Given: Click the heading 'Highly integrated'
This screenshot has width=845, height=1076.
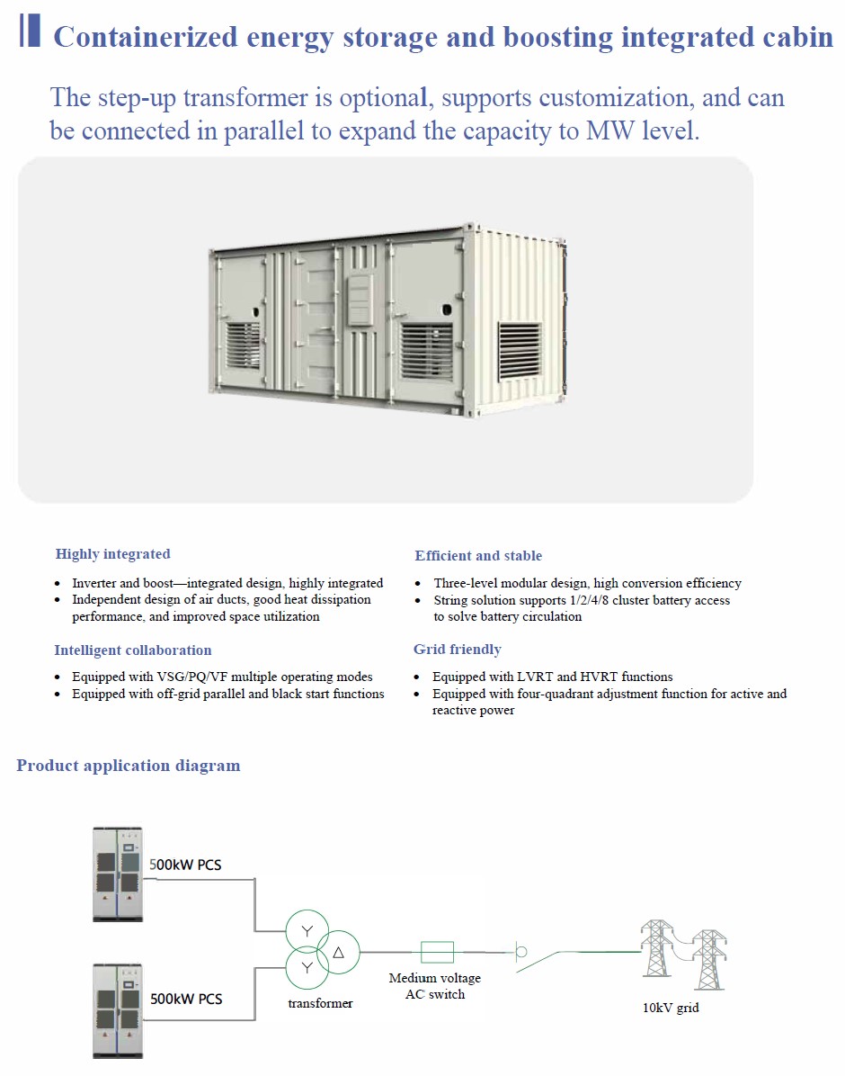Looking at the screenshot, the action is [113, 554].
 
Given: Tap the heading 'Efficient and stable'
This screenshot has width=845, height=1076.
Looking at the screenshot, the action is [478, 556].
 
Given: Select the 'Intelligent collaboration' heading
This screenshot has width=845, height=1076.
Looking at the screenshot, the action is [133, 650].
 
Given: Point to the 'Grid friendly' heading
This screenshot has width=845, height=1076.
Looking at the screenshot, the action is [458, 650].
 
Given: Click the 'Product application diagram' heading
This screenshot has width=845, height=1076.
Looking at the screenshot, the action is [129, 765].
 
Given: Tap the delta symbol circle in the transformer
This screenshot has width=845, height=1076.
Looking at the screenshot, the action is [338, 953].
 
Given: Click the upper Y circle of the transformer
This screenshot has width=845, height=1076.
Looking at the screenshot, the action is [307, 931].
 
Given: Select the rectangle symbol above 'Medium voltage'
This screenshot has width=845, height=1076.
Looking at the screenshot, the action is [437, 953].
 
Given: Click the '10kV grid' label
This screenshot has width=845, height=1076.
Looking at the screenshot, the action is [671, 1008].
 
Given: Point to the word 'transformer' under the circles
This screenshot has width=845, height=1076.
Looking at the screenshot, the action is [320, 1003].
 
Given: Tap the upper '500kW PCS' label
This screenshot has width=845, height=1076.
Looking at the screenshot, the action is [185, 865].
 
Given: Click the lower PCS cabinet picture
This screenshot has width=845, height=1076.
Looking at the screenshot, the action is [118, 1010].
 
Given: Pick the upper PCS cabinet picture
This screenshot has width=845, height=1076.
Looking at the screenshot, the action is [118, 874].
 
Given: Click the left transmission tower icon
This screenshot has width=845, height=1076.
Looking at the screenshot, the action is [656, 947].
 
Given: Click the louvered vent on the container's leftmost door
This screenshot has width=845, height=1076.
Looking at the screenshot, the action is [244, 345].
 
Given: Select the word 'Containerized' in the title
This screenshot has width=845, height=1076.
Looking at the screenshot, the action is [146, 37].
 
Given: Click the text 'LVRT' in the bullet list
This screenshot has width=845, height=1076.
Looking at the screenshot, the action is [535, 677].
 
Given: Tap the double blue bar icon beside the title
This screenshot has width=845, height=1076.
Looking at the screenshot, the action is [30, 31].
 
